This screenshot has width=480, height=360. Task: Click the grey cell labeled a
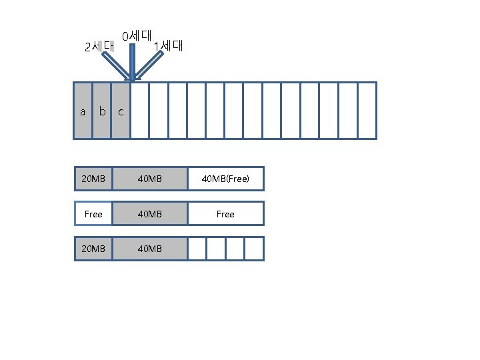click(83, 111)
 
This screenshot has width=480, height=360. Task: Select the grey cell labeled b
click(101, 111)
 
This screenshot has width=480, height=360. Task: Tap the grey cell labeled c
click(121, 111)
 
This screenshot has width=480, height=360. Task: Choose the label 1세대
click(167, 46)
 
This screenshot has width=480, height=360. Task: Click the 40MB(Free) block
click(225, 179)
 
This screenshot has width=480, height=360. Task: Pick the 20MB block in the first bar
click(93, 179)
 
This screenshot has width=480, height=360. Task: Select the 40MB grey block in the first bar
click(149, 179)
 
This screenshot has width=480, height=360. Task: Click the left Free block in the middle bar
click(93, 214)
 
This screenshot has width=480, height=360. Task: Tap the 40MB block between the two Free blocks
click(149, 214)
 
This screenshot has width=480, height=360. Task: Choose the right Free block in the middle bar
click(225, 214)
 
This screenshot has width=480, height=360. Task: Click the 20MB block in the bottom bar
click(93, 249)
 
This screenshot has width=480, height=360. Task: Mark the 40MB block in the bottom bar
click(149, 249)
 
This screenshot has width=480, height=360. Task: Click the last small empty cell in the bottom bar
click(254, 249)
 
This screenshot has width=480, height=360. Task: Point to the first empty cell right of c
click(139, 111)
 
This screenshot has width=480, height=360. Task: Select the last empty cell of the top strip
click(367, 111)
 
